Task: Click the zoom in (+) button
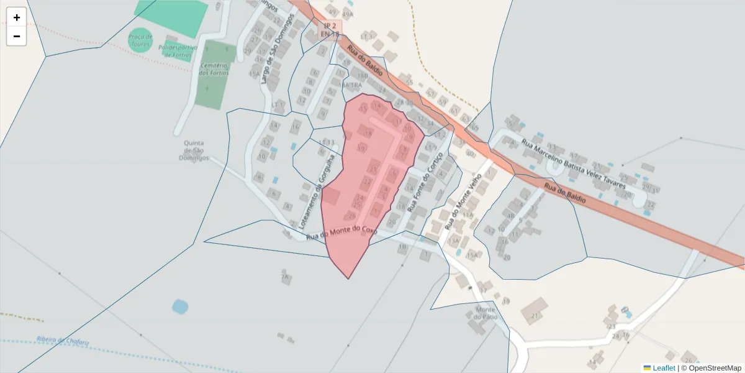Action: coord(17,17)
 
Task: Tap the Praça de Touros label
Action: coord(140,40)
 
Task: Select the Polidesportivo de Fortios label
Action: coord(178,51)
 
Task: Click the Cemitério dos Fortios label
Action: coord(214,69)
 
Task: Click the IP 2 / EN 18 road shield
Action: coord(329,30)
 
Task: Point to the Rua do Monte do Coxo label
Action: coord(341,233)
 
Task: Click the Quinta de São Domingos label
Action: coord(194,150)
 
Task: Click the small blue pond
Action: coord(179,306)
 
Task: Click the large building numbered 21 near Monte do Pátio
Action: coord(535,310)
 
